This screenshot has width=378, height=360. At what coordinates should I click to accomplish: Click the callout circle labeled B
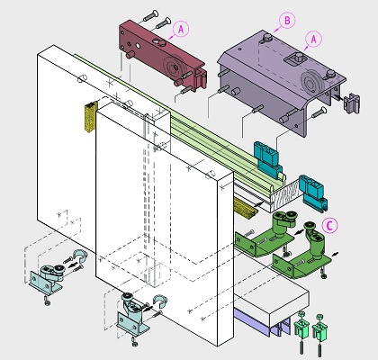click(287, 21)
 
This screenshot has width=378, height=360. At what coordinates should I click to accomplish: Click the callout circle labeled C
click(329, 225)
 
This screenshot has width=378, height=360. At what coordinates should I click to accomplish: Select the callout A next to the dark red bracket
click(181, 30)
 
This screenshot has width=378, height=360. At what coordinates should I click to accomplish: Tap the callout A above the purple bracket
click(313, 40)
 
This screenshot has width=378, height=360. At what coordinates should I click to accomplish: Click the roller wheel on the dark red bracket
click(172, 67)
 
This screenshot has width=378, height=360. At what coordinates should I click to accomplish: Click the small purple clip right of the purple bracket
click(352, 103)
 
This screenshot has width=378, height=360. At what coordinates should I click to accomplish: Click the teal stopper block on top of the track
click(268, 160)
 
